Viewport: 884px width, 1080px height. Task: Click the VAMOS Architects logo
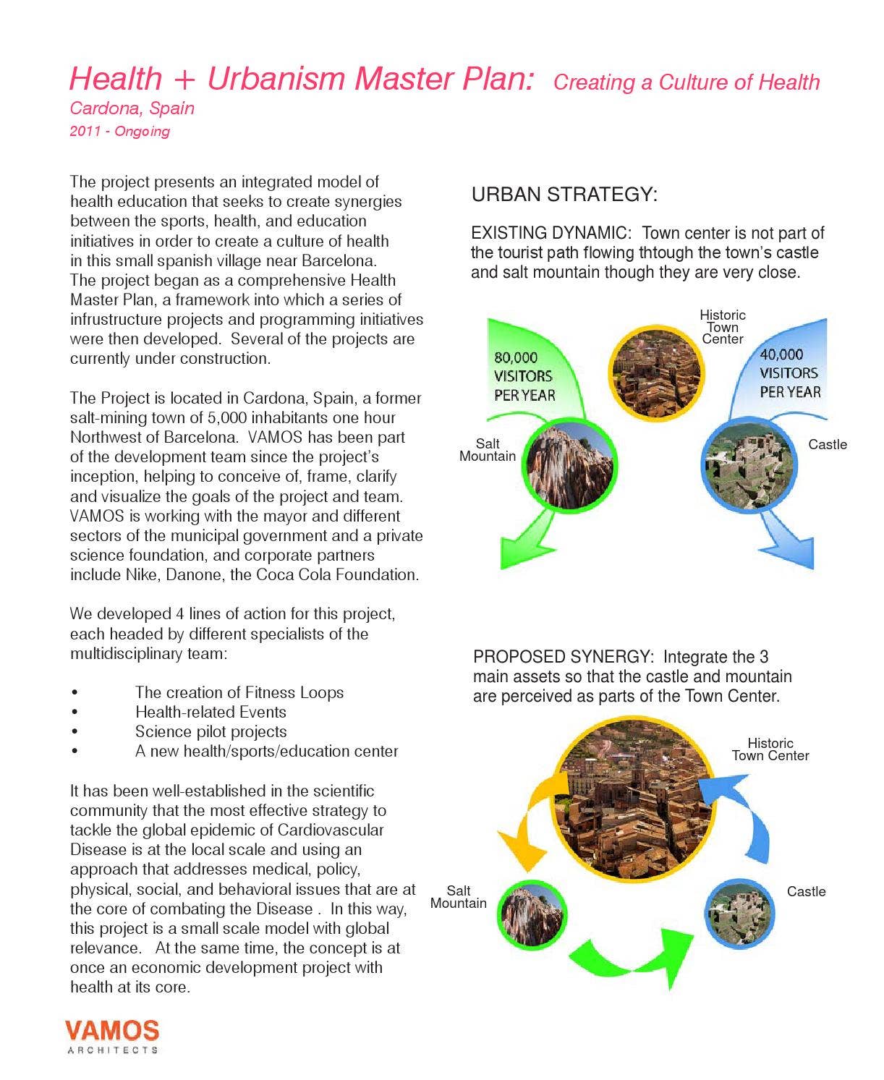click(x=112, y=1035)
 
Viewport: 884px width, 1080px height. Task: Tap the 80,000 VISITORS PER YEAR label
click(x=524, y=376)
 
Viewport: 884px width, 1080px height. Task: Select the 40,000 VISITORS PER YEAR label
click(x=790, y=373)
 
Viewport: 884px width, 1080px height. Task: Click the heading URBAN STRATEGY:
click(x=564, y=195)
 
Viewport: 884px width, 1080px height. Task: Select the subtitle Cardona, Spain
click(x=132, y=109)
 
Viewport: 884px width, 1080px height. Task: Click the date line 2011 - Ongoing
click(x=119, y=132)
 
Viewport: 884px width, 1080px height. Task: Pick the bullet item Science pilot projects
click(x=211, y=731)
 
